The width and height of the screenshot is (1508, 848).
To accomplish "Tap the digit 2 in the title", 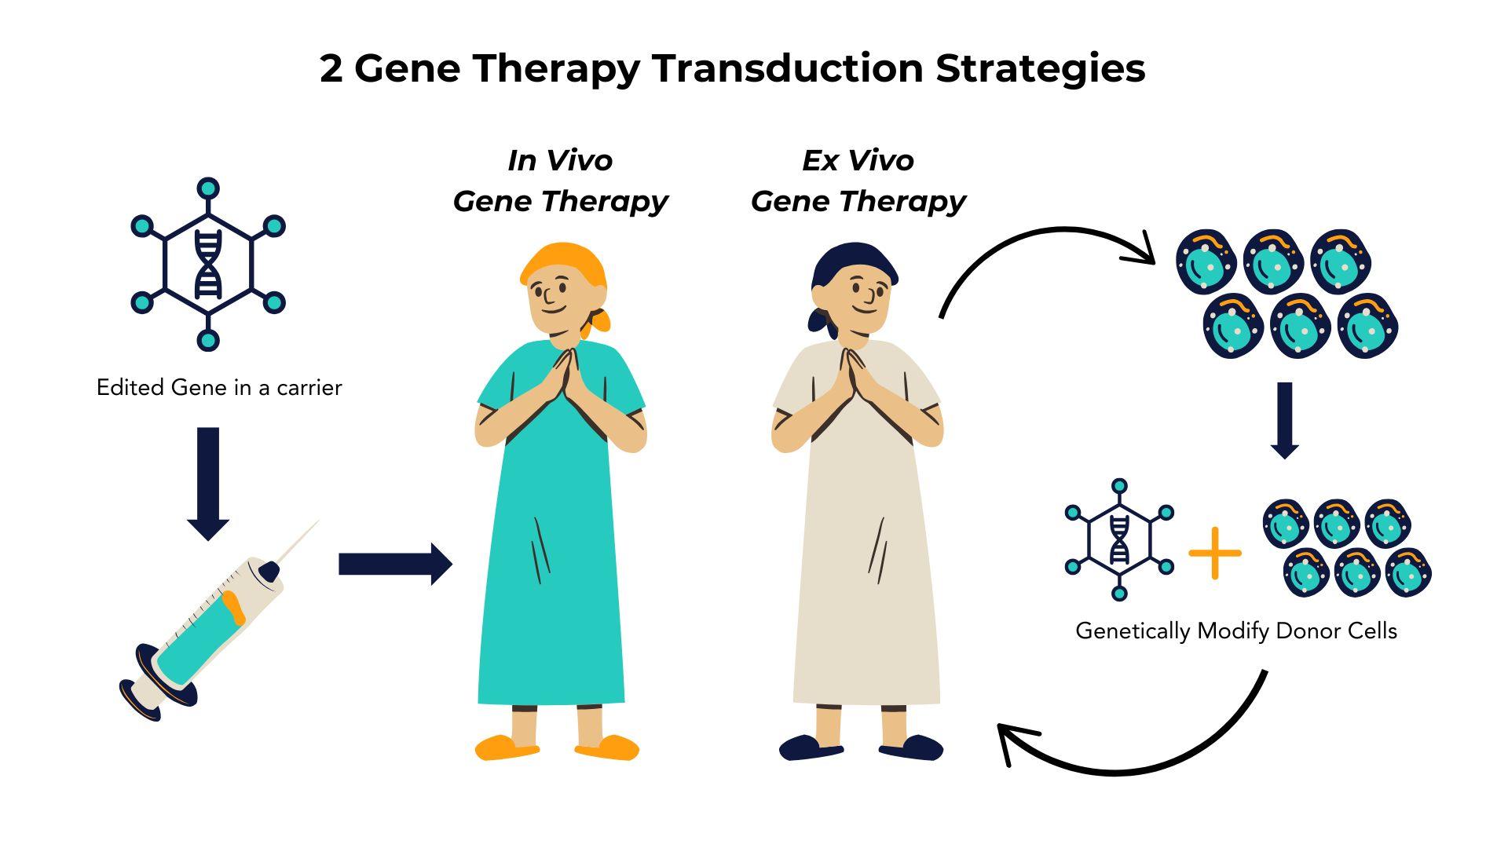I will pos(331,69).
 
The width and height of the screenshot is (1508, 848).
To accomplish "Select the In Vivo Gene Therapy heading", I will pos(560,181).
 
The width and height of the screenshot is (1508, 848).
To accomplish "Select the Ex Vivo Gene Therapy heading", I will pos(858,181).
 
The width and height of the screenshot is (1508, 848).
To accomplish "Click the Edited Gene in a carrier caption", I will pos(219,388).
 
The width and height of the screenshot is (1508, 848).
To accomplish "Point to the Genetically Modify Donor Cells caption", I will pos(1235,631).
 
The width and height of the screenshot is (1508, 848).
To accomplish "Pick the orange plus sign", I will pos(1215,553).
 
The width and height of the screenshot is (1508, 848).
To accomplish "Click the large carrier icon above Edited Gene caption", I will pos(208,265).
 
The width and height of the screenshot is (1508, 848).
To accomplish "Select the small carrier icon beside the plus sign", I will pos(1119,539).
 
